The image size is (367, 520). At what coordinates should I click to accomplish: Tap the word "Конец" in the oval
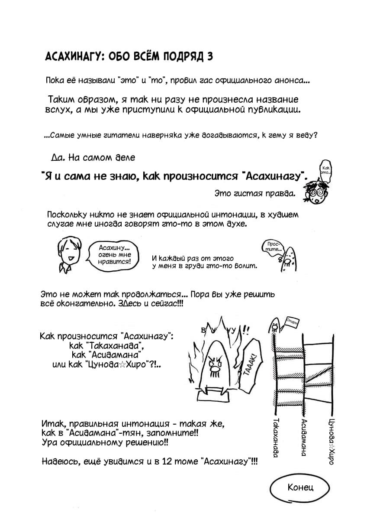300,487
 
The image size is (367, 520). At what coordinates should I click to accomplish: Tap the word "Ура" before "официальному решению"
49,443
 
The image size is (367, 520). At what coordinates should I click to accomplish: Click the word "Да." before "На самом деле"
58,158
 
